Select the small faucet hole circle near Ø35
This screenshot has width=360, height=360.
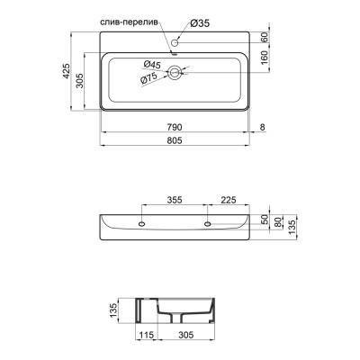(178, 40)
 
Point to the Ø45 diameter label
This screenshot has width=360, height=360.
(153, 64)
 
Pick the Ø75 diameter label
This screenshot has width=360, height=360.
(149, 78)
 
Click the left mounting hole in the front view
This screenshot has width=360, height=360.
(142, 222)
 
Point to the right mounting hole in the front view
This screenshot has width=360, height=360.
(208, 222)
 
